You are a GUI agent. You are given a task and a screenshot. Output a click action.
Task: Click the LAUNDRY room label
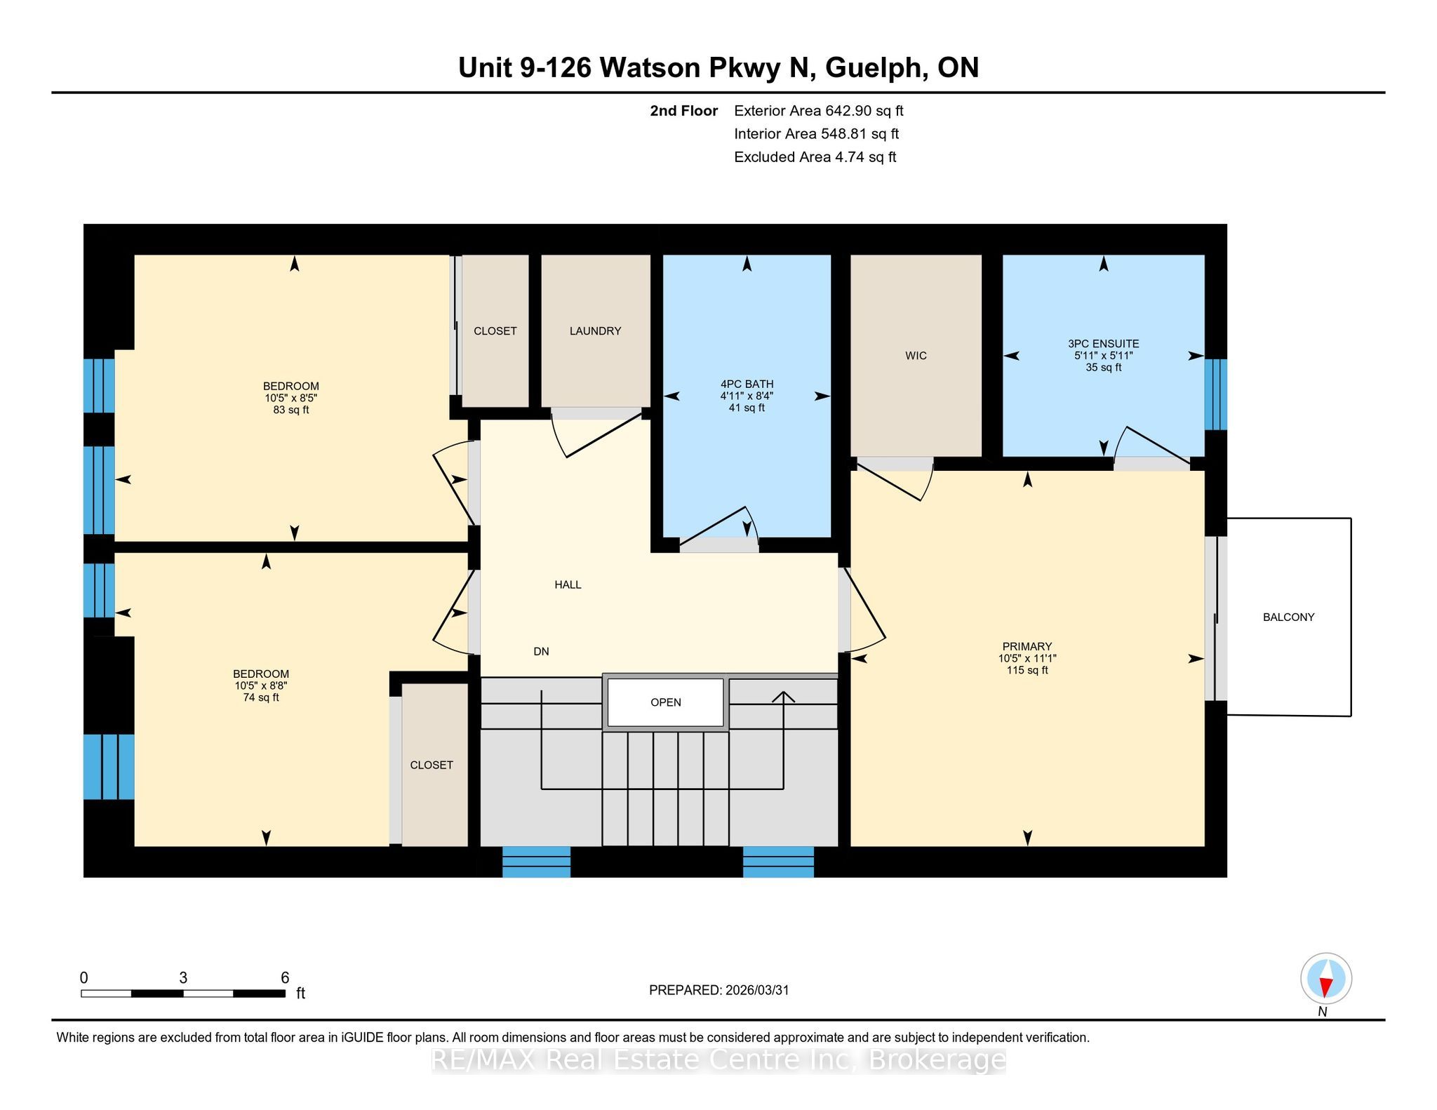pos(595,331)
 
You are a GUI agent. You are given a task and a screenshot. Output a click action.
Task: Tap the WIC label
pos(916,356)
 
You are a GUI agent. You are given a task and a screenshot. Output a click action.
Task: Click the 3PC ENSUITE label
pos(1103,344)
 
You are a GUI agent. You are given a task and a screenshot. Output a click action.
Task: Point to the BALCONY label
pos(1288,617)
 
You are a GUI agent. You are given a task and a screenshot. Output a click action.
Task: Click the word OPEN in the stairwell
pos(665,702)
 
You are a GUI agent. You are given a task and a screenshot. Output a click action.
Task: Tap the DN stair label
pos(541,651)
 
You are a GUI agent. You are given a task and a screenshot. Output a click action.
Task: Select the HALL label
pos(568,584)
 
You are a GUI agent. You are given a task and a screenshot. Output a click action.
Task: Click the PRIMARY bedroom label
pos(1027,646)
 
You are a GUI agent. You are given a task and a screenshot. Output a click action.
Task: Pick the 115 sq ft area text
pos(1027,670)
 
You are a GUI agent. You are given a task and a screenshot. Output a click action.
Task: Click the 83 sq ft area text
pos(290,410)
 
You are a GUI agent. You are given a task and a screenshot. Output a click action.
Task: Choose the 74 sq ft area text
pos(260,697)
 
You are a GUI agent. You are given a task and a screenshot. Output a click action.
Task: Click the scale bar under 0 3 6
pos(183,994)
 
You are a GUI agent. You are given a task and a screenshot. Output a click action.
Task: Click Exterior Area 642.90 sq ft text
pos(819,111)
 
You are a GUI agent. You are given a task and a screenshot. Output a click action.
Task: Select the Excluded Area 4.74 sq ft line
pos(815,157)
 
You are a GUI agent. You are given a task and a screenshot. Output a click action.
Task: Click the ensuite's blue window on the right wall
pos(1216,394)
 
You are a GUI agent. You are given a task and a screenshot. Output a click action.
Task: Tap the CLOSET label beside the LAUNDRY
pos(495,331)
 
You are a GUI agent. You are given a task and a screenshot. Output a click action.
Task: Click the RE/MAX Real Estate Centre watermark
pos(718,1060)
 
